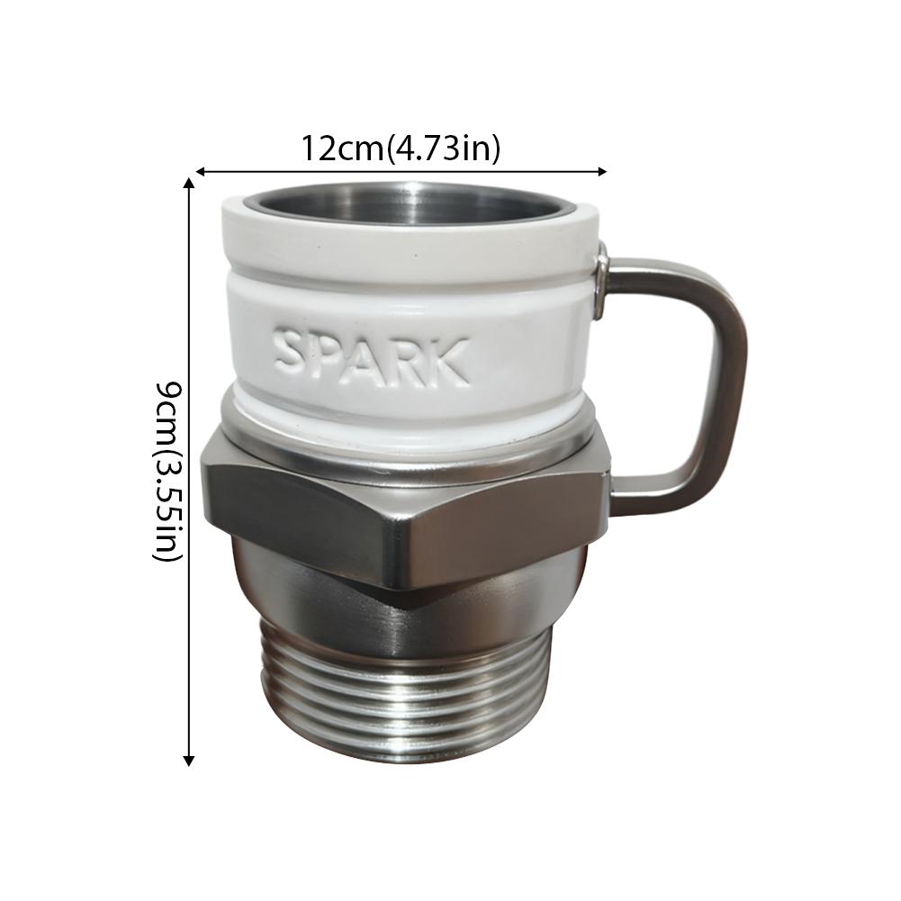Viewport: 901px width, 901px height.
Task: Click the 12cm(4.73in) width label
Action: click(x=401, y=148)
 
